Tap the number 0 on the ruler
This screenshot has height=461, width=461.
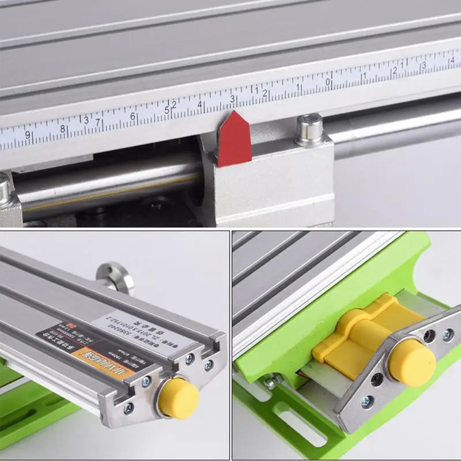click(328, 82)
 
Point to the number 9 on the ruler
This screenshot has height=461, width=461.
click(27, 135)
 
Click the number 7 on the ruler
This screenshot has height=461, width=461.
click(98, 123)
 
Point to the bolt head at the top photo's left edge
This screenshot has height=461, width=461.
click(4, 190)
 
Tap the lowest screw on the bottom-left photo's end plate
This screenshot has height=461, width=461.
click(127, 408)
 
